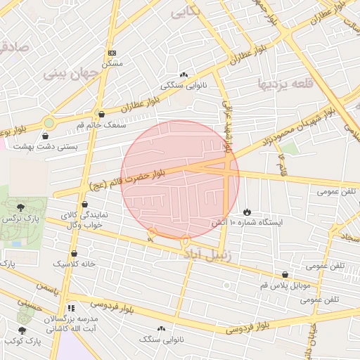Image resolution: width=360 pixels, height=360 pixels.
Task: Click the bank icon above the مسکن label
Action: click(x=112, y=53)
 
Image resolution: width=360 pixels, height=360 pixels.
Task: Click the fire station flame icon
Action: click(x=247, y=211)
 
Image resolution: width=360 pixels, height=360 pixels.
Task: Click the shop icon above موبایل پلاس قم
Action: click(x=285, y=275)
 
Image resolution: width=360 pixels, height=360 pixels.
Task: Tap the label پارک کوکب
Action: click(x=23, y=342)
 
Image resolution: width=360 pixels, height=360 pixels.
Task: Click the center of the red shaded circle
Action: click(x=180, y=179)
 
